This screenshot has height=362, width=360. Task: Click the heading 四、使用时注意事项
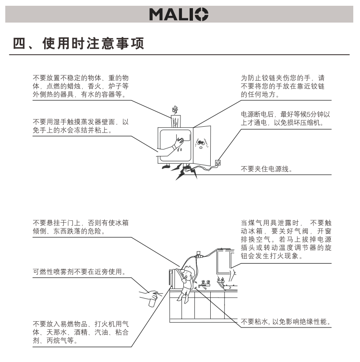(x=79, y=45)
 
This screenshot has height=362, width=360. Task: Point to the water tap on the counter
(x=206, y=283)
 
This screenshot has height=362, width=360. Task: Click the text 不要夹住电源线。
(x=266, y=169)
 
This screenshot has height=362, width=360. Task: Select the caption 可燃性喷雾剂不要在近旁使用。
(x=79, y=272)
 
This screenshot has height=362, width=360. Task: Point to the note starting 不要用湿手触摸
(x=81, y=126)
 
